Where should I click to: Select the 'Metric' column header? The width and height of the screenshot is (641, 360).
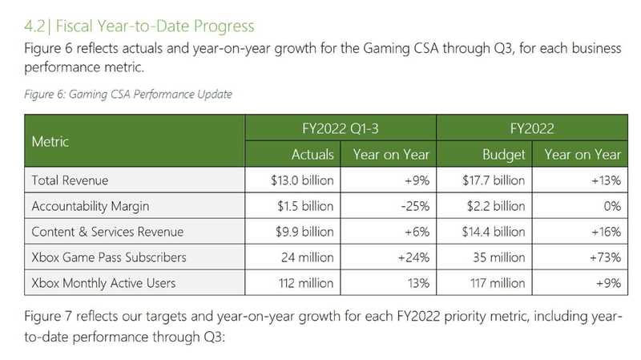(50, 141)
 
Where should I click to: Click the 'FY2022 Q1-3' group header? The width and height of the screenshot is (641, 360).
(340, 127)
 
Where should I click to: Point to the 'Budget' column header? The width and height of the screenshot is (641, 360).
(504, 154)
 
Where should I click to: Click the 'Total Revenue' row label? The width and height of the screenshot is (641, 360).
(70, 180)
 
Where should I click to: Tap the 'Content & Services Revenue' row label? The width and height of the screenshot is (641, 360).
(107, 232)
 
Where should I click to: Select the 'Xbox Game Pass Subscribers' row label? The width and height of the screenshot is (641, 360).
(108, 257)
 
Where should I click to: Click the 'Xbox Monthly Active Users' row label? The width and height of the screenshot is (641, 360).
(103, 283)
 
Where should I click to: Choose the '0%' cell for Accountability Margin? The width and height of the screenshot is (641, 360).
(612, 206)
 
